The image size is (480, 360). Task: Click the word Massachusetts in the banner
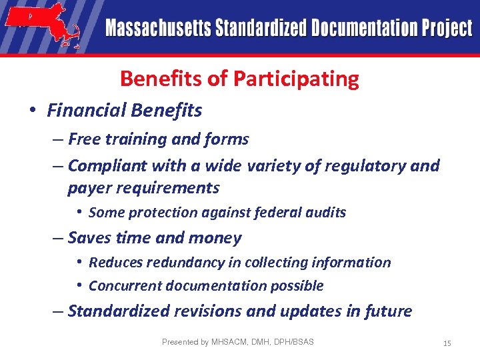(x=156, y=29)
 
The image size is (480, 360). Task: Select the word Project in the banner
(x=447, y=29)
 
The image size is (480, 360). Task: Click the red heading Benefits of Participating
(x=239, y=79)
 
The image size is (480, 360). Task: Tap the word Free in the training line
(x=84, y=139)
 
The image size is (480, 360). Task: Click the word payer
(x=89, y=188)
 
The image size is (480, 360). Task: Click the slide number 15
(x=447, y=343)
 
